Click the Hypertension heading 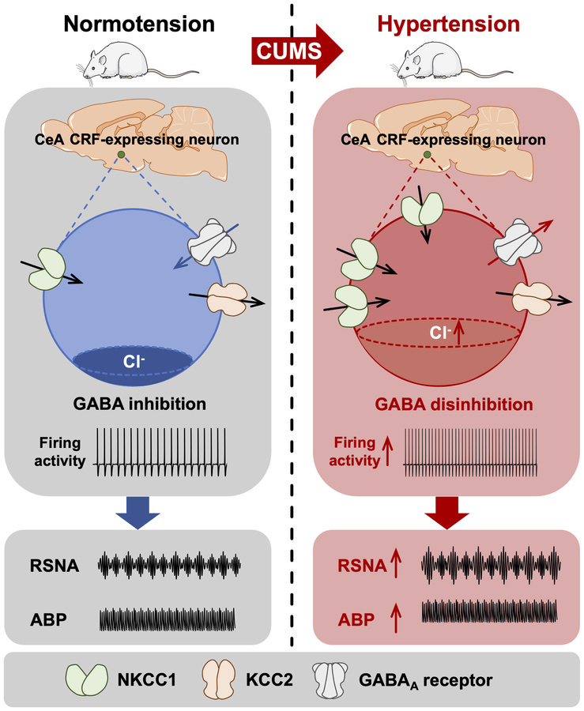[448, 23]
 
